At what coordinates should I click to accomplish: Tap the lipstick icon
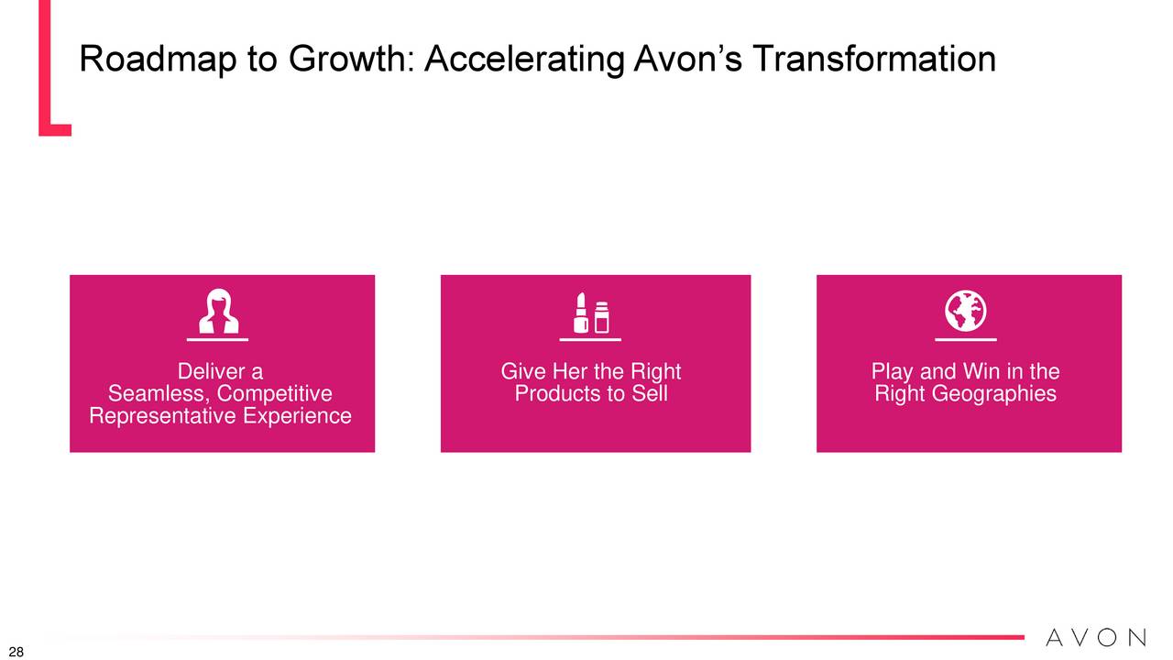[x=580, y=313]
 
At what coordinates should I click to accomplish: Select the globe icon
[x=966, y=311]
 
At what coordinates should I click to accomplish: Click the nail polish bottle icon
[x=602, y=317]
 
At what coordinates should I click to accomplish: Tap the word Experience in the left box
[x=297, y=416]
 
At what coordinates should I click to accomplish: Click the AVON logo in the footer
[x=1096, y=637]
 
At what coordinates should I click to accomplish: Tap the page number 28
[x=16, y=652]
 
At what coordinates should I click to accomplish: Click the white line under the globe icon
[x=966, y=340]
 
